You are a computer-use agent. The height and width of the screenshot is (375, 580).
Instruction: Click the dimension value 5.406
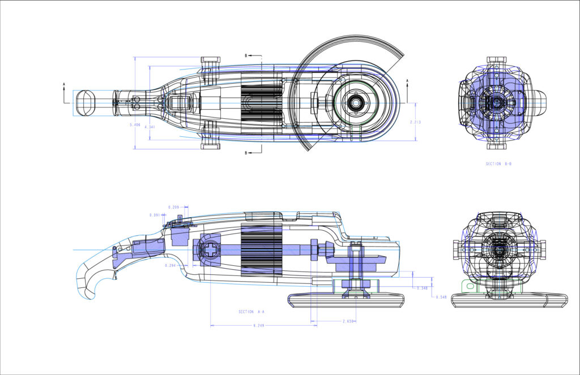(135, 124)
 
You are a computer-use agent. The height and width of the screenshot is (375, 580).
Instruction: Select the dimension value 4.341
(150, 127)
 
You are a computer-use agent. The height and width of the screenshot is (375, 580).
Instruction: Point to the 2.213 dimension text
(416, 122)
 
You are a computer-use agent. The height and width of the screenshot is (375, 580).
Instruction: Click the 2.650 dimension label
(348, 321)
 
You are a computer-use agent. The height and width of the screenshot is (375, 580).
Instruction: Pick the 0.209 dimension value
(174, 206)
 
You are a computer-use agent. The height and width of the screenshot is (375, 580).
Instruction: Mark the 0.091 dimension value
(154, 215)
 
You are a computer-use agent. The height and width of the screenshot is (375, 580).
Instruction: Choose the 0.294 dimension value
(170, 265)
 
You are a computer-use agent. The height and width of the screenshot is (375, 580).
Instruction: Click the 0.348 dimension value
(422, 288)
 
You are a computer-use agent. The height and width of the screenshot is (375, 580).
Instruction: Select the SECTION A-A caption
(251, 312)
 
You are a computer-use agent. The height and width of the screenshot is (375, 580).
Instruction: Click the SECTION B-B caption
(498, 164)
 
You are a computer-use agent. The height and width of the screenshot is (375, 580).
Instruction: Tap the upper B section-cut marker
(246, 56)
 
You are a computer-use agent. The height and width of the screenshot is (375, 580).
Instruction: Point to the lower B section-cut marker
(246, 153)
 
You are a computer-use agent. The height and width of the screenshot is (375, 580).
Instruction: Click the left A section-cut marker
(65, 85)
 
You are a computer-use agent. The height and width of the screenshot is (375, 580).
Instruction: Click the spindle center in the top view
(356, 104)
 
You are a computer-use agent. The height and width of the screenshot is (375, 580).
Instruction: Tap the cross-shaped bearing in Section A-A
(208, 250)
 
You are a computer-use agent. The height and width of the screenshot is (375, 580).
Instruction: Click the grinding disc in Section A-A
(346, 300)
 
